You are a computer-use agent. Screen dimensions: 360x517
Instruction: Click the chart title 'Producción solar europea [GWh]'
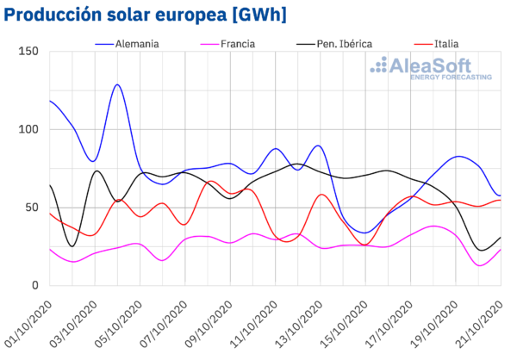tap(146, 16)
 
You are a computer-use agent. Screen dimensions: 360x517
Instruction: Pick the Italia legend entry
tap(446, 42)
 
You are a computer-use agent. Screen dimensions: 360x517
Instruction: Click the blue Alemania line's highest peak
tap(117, 85)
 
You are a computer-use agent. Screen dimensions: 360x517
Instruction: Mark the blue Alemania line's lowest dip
tap(365, 233)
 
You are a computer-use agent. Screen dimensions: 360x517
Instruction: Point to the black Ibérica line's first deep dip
tap(72, 246)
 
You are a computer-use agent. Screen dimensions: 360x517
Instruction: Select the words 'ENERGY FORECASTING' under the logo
tap(450, 78)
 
